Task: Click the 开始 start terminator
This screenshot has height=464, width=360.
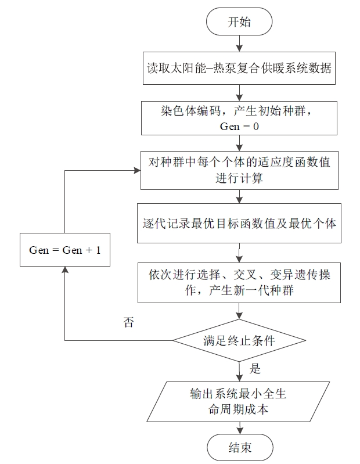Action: (239, 21)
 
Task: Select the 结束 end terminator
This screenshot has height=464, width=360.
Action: (240, 448)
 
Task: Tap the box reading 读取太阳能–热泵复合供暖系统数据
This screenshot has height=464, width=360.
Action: (239, 69)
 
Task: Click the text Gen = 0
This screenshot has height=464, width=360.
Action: (239, 127)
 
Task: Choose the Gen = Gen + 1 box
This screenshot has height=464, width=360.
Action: (65, 250)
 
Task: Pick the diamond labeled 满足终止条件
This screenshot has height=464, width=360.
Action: (239, 340)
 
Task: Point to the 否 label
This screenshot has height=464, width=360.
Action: (129, 322)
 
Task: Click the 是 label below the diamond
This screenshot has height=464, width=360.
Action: (255, 369)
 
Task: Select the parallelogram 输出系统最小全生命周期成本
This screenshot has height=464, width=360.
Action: (238, 401)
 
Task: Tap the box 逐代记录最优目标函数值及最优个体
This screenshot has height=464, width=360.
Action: (239, 223)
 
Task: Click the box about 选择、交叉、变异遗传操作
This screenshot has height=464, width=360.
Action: (239, 283)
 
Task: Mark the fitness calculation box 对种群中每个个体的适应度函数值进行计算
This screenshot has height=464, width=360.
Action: (239, 170)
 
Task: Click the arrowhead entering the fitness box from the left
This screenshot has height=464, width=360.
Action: (137, 171)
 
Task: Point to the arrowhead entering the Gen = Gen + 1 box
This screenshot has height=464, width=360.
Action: (65, 269)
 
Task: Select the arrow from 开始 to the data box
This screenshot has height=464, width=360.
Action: (239, 44)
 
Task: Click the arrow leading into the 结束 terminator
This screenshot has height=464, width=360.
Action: (240, 428)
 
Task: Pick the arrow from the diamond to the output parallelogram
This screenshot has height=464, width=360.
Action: (239, 372)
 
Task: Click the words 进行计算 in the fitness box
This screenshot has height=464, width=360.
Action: (239, 178)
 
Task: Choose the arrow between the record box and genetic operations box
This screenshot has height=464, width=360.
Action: (239, 253)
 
